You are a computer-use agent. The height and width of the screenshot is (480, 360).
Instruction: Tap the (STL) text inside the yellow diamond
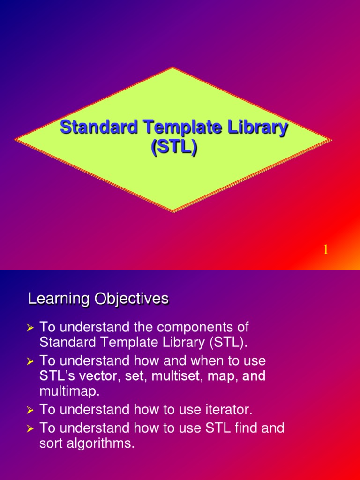coord(173,147)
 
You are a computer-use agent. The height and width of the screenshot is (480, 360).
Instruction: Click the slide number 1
coord(324,250)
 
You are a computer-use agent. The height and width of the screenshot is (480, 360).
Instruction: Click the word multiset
coord(178,376)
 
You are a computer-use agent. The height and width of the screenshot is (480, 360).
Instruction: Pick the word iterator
coord(229,410)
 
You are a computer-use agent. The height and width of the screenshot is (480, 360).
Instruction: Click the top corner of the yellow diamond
coord(173,68)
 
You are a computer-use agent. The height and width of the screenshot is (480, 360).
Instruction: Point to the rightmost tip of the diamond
coord(331,140)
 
